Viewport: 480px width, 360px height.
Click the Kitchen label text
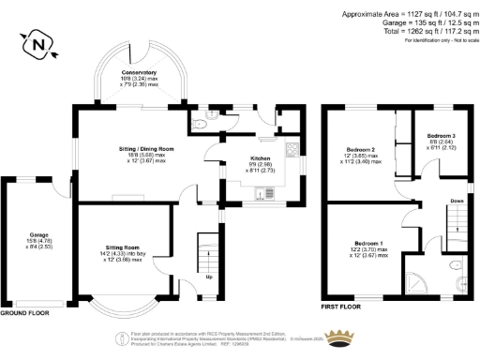[x=260, y=159]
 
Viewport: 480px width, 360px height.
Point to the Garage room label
[x=38, y=234]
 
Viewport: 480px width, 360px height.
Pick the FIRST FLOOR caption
[x=342, y=306]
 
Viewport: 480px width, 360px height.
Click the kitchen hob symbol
[x=292, y=149]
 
